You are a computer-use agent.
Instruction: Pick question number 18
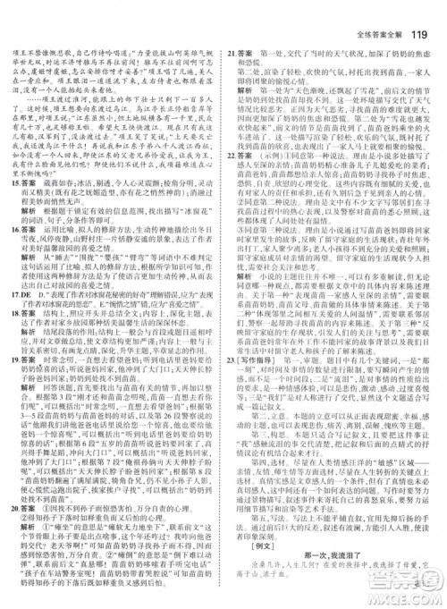16,340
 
